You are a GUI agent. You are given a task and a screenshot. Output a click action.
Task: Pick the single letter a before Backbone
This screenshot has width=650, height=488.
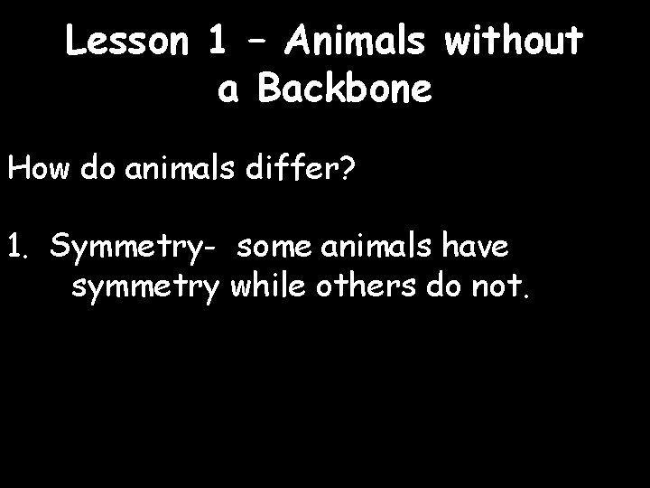point(228,91)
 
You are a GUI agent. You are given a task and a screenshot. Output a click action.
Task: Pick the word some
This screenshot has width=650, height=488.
point(278,247)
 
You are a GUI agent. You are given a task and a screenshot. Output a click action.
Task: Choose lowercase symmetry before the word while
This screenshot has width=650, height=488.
point(145,288)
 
